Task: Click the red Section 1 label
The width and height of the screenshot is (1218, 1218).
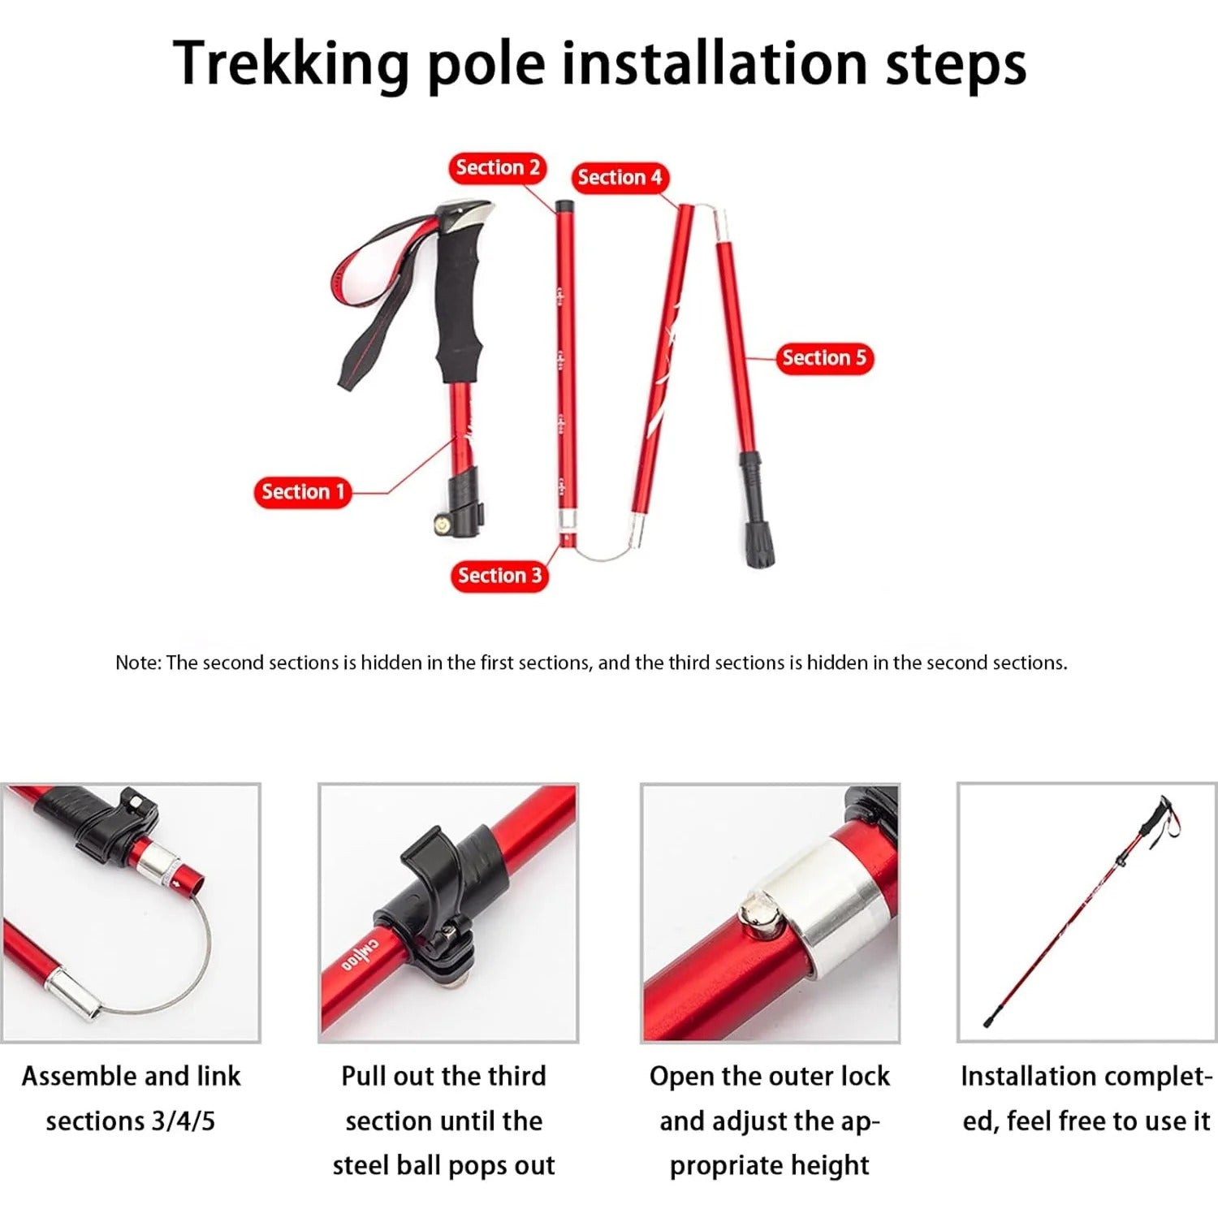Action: (302, 492)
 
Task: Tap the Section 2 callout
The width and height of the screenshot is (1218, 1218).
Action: (497, 168)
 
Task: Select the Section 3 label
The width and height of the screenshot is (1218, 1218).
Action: (499, 576)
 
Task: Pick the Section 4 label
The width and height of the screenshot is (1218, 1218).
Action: (620, 178)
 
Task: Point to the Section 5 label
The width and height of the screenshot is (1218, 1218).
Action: (824, 358)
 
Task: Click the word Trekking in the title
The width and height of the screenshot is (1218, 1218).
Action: (292, 63)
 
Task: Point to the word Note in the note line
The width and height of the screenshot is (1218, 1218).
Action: (137, 663)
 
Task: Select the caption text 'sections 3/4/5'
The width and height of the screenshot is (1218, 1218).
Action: (131, 1121)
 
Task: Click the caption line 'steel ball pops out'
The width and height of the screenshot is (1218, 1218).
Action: (443, 1166)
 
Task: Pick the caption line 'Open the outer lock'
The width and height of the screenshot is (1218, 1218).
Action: (769, 1077)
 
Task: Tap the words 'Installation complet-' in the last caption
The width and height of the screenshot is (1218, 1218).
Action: (1086, 1077)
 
